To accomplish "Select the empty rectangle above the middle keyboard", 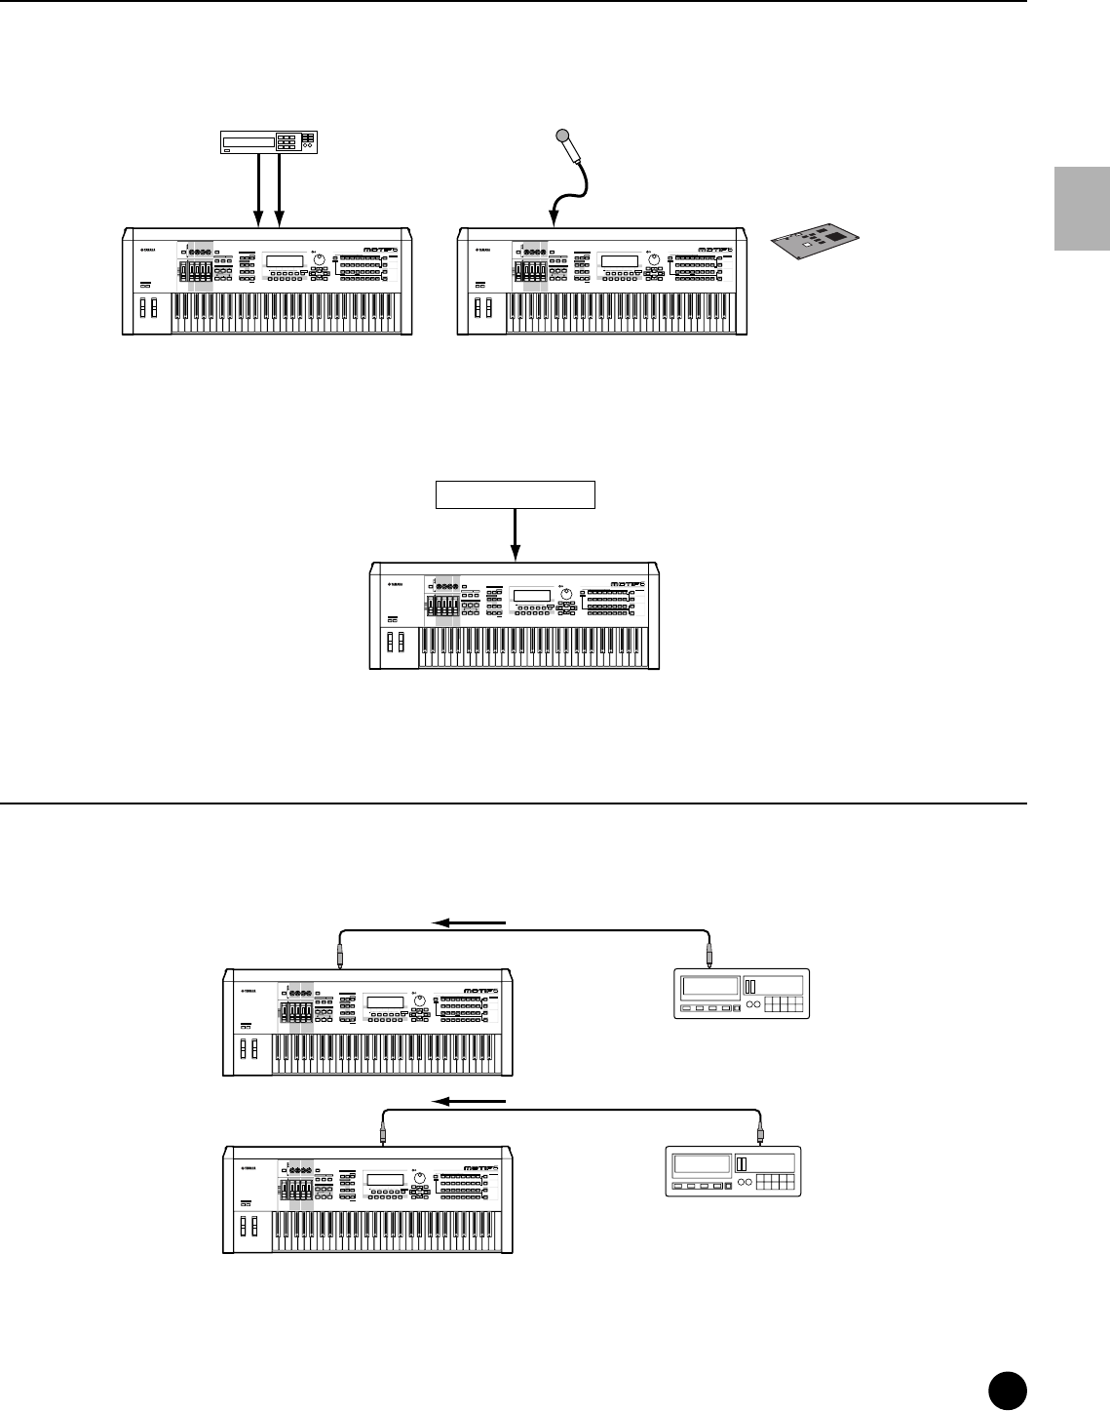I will [x=515, y=494].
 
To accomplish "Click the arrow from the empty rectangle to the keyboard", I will [x=515, y=536].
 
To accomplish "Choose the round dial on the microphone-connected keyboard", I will [x=655, y=261].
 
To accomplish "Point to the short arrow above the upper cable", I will [x=472, y=921].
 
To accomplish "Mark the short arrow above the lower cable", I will [x=472, y=1101].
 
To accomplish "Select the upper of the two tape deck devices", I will [x=743, y=995].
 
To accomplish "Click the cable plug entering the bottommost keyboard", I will [x=383, y=1134].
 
